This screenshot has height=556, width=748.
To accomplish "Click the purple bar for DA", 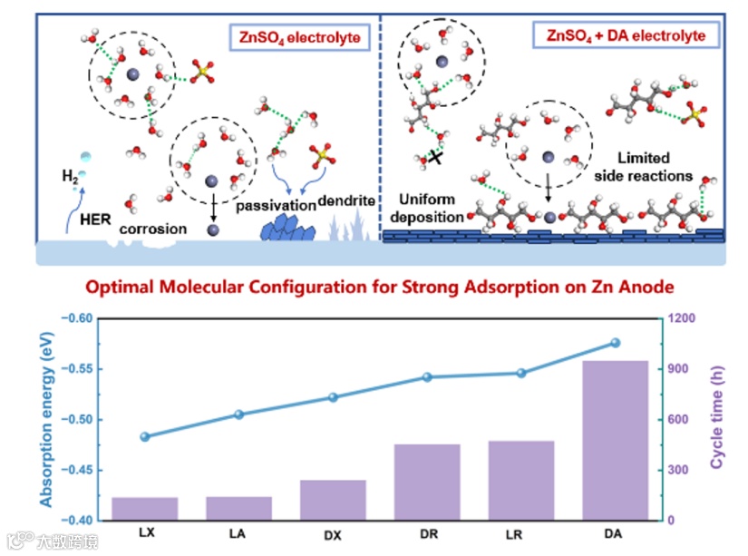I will pos(615,441).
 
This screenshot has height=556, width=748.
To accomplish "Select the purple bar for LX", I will pos(145,509).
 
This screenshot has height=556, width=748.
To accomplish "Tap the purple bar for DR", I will pos(427,482).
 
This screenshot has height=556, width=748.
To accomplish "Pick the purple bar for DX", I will pos(333,500).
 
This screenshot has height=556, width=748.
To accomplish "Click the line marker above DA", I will pos(615,343).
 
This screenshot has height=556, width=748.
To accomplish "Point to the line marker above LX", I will pos(145,436).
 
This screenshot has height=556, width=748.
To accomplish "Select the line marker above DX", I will pos(333,397).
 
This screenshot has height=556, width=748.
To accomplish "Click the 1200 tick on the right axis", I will pos(683,319).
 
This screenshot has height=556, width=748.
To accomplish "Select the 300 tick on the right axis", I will pos(680,471).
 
